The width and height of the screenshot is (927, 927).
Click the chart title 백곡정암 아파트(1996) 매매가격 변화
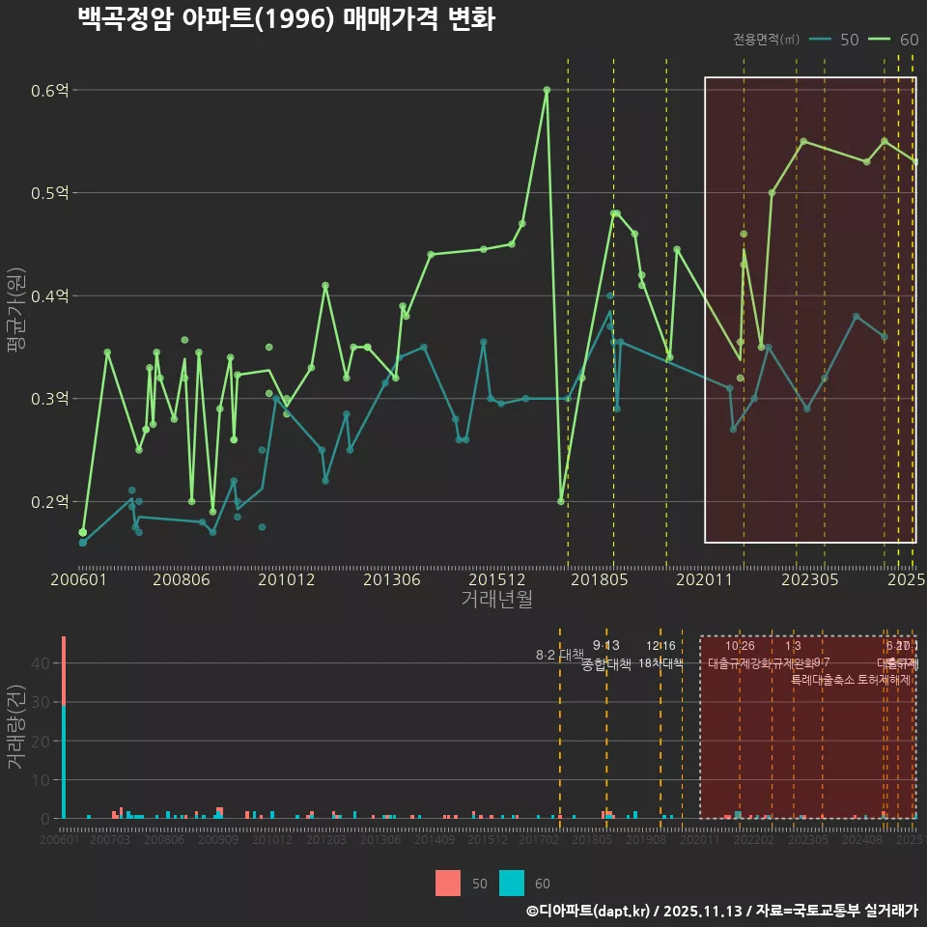coord(286,20)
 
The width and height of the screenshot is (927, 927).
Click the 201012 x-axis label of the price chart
coord(287,580)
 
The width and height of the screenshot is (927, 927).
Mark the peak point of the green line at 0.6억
coord(547,90)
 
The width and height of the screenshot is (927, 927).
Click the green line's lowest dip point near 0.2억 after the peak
coord(561,501)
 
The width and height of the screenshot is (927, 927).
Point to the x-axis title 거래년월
coord(496,600)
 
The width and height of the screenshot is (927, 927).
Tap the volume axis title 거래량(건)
coord(16,727)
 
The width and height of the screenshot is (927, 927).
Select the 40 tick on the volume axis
coord(42,663)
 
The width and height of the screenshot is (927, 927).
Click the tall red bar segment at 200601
coord(64,670)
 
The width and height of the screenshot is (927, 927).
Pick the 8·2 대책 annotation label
coord(560,655)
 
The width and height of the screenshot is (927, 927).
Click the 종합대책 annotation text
coord(605,664)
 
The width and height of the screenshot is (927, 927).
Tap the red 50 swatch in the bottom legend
coord(448,884)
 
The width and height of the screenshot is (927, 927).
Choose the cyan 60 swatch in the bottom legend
coord(512,884)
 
